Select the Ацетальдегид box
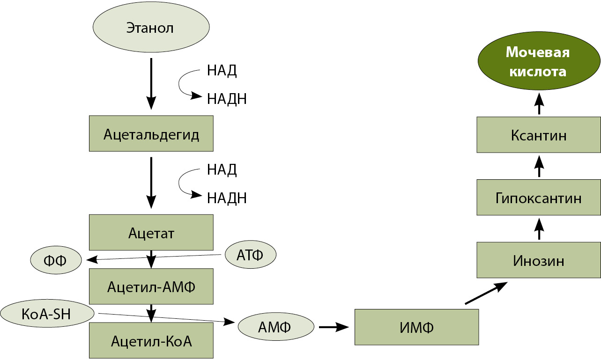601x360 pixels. tap(151, 134)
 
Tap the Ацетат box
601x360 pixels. tap(151, 232)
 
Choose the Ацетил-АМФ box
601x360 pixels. tap(151, 286)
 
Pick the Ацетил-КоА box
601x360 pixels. tap(151, 340)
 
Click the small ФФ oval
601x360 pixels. tap(56, 259)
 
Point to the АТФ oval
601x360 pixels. tap(250, 255)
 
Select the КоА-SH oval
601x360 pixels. tap(46, 313)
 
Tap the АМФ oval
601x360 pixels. tap(276, 326)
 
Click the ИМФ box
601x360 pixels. tap(416, 327)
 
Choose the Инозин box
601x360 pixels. tap(539, 260)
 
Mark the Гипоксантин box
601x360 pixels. tap(539, 197)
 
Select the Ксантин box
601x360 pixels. tap(539, 135)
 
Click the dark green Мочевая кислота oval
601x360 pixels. tap(539, 62)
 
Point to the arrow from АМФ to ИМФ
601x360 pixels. tap(334, 327)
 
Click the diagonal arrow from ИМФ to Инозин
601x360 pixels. tap(486, 294)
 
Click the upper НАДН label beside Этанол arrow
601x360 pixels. tap(227, 99)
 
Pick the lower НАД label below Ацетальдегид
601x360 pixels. tap(222, 169)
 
